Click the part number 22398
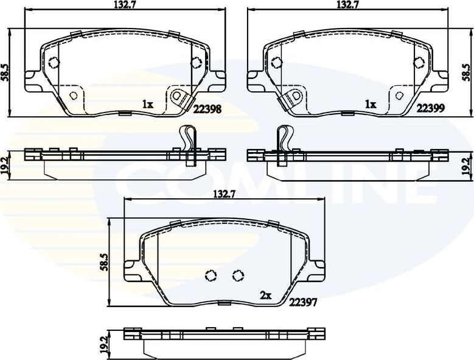pyautogui.click(x=207, y=109)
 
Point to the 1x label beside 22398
pyautogui.click(x=147, y=105)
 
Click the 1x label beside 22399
pyautogui.click(x=370, y=105)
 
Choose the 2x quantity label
pyautogui.click(x=265, y=296)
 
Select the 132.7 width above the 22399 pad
pyautogui.click(x=348, y=5)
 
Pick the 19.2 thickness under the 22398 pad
pyautogui.click(x=5, y=165)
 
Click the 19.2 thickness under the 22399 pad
pyautogui.click(x=467, y=165)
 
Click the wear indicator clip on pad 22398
pyautogui.click(x=179, y=97)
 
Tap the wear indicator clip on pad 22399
pyautogui.click(x=293, y=97)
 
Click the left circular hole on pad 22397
pyautogui.click(x=211, y=276)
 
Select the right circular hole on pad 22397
pyautogui.click(x=238, y=276)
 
